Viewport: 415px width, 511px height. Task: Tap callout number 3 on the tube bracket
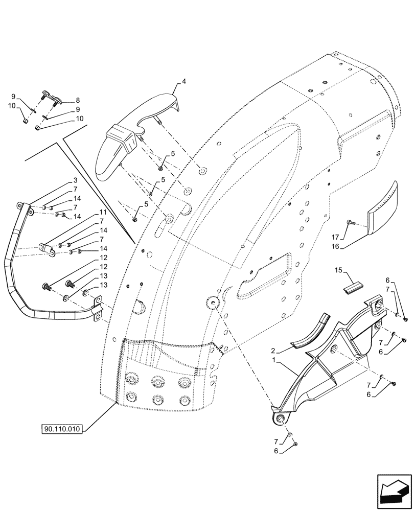coord(75,181)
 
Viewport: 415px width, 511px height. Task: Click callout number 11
coord(103,212)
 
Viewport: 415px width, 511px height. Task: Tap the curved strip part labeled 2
coord(312,332)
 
